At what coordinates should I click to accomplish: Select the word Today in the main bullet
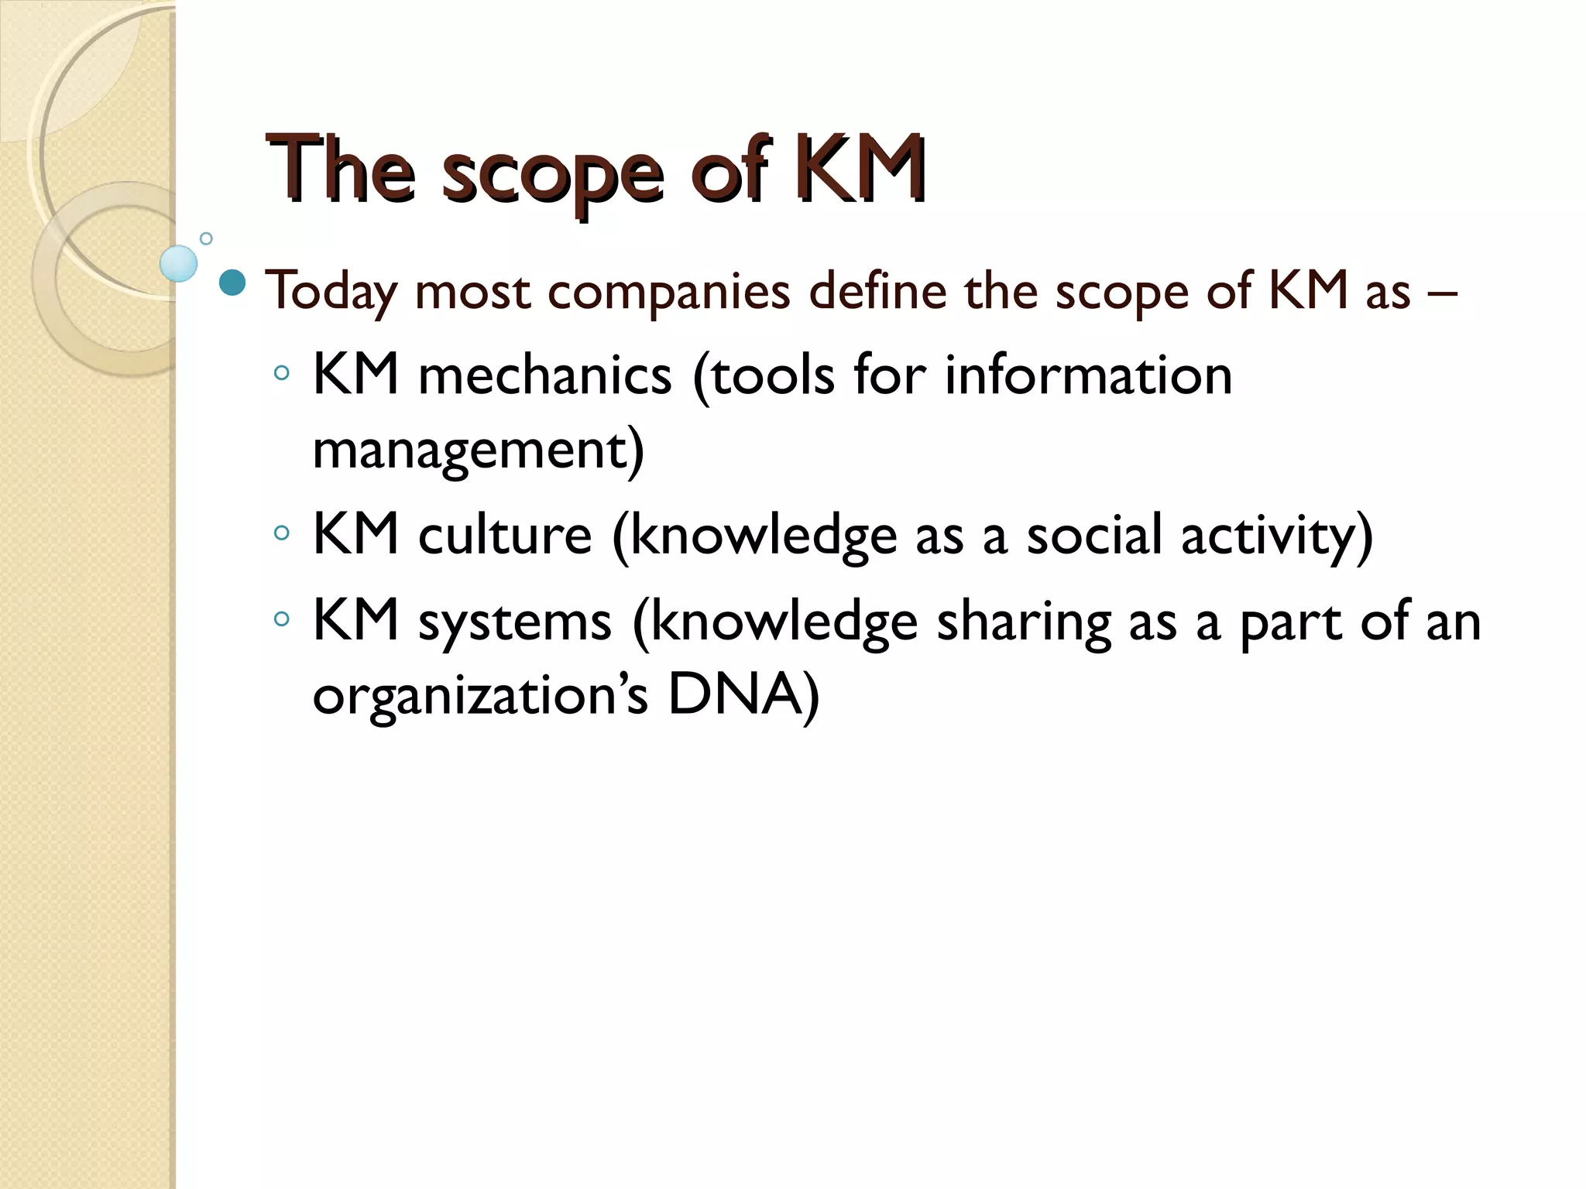[331, 293]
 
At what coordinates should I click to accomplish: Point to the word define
[877, 291]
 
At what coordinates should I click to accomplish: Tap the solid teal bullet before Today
[232, 283]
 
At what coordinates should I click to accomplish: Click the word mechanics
[544, 376]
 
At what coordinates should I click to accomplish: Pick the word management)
[478, 451]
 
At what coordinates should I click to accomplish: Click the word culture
[505, 536]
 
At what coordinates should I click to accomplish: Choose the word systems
[515, 622]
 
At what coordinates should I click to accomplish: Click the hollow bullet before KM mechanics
[282, 374]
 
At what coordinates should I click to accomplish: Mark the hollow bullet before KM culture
[282, 533]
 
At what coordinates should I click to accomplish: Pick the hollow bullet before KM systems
[282, 618]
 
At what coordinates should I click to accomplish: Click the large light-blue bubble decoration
[179, 263]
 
